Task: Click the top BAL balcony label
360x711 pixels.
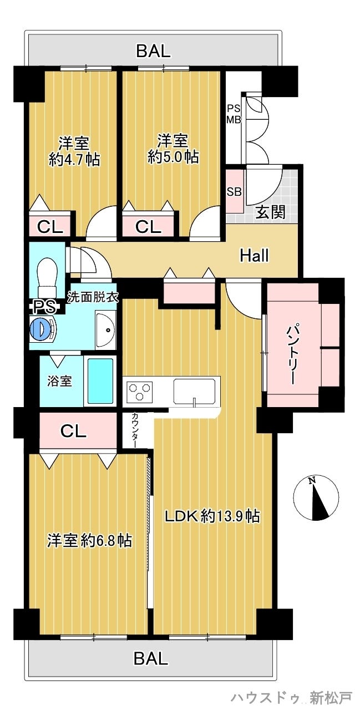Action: (153, 51)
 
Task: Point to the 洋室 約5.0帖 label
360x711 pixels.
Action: (173, 149)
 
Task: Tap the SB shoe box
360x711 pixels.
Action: (234, 192)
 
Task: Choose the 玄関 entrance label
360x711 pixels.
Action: (271, 212)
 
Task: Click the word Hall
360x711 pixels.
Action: (254, 256)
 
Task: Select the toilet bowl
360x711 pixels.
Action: (48, 277)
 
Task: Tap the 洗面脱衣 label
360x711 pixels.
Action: (93, 297)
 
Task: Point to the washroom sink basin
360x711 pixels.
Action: (106, 330)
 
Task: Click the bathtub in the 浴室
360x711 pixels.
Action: (100, 380)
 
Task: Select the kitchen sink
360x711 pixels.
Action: (195, 391)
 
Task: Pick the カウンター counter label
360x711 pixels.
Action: (135, 430)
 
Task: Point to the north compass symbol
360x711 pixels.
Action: (316, 497)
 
